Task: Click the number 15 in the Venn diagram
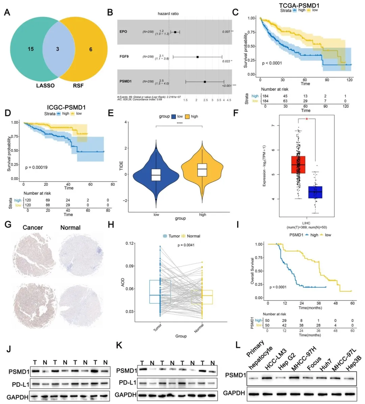31,49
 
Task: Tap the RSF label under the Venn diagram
78,86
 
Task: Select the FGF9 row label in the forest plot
124,56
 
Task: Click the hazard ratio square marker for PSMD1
205,82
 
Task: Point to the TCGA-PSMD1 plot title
299,5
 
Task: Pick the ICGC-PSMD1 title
66,107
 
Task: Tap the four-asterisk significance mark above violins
179,123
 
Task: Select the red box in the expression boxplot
298,165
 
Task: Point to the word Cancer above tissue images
33,228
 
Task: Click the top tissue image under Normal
81,254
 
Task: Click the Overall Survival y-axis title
252,271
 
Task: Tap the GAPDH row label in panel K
126,395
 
